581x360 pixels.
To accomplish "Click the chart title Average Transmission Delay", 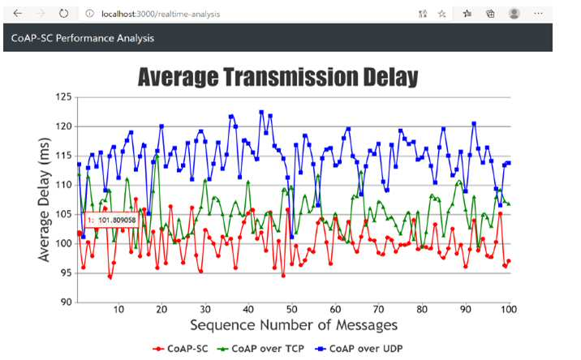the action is [x=278, y=77].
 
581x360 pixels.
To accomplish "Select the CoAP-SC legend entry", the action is [x=180, y=349].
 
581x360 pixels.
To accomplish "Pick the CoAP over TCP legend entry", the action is [x=260, y=349].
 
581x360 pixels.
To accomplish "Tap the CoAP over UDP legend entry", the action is [x=359, y=349].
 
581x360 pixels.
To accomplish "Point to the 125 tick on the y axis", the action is [x=63, y=97].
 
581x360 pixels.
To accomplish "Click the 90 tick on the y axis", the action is [x=66, y=302].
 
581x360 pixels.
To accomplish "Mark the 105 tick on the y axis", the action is [x=63, y=214].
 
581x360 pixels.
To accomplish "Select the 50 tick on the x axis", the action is [x=291, y=309].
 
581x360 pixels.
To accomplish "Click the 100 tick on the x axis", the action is [x=509, y=309].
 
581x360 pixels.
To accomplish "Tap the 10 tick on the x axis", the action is [x=118, y=309].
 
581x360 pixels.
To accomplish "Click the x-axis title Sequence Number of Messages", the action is [x=294, y=325].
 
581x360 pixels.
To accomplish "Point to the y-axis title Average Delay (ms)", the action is [x=44, y=199].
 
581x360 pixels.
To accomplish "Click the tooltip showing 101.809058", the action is [x=111, y=221].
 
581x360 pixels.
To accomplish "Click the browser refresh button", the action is [x=64, y=14].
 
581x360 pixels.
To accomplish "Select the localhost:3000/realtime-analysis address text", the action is [x=161, y=14].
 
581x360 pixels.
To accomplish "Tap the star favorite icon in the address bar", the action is [x=441, y=14].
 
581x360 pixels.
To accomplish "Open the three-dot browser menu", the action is [x=538, y=14].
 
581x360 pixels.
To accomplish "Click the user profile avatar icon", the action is [x=514, y=14].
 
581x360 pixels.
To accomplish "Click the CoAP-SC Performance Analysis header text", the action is [x=83, y=38].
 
